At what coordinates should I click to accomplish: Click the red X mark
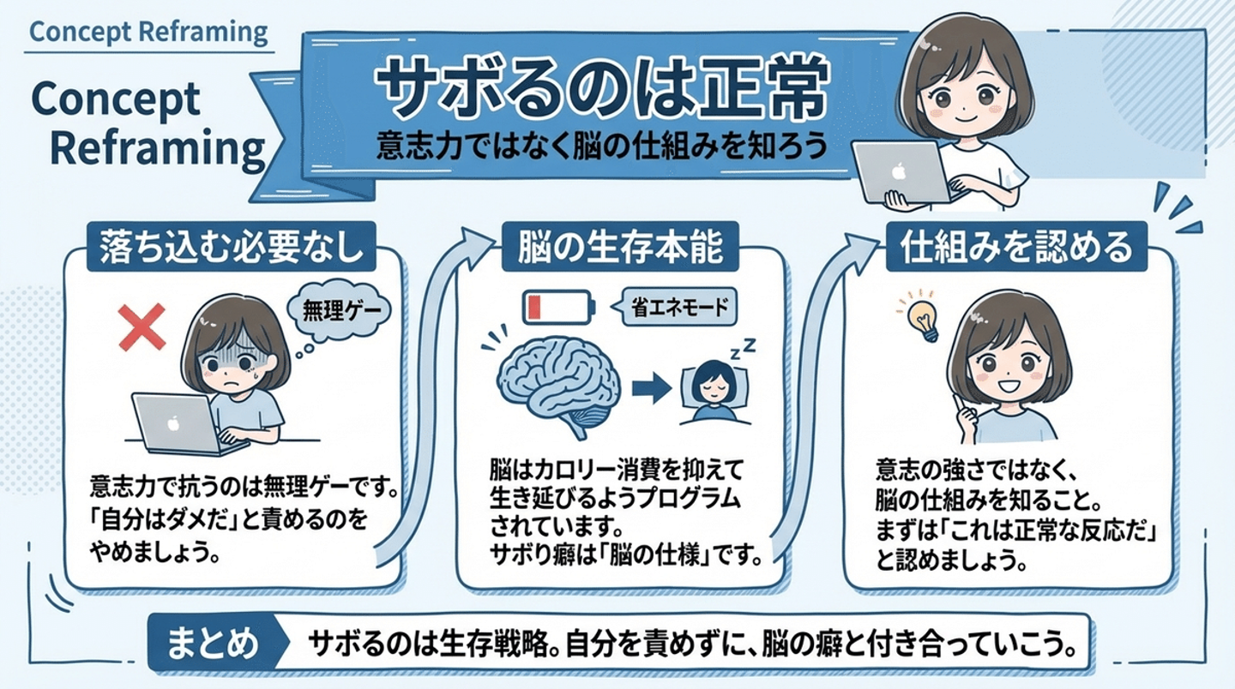pyautogui.click(x=142, y=328)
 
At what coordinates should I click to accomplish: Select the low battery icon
pyautogui.click(x=558, y=307)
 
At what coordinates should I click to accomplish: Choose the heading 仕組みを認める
pyautogui.click(x=1016, y=247)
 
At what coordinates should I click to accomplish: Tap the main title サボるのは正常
pyautogui.click(x=600, y=90)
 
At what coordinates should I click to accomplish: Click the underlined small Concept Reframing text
pyautogui.click(x=148, y=33)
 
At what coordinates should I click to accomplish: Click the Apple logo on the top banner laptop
pyautogui.click(x=898, y=171)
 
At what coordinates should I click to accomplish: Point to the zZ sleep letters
pyautogui.click(x=744, y=346)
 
